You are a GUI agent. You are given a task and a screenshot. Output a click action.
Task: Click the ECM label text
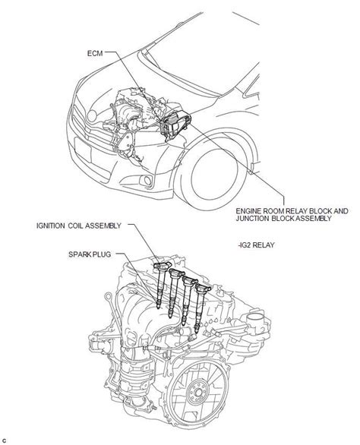(95, 53)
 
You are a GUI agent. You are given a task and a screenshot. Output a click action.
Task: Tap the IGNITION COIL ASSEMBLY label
(79, 226)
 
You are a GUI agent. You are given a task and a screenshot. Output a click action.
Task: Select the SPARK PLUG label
(90, 254)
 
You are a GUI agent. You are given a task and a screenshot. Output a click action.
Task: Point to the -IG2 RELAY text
(257, 245)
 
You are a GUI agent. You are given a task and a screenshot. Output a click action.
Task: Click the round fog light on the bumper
(147, 181)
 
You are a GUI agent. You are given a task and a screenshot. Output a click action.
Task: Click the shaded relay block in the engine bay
(175, 125)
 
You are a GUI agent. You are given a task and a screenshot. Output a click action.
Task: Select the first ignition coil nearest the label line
(161, 283)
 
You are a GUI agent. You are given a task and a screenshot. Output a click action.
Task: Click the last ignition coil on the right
(201, 306)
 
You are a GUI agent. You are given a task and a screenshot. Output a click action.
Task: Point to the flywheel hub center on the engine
(198, 393)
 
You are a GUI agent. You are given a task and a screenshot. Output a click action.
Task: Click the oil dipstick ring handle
(108, 297)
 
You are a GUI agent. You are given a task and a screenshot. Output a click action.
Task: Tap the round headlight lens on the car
(92, 115)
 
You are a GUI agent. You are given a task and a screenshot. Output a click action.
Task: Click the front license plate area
(83, 150)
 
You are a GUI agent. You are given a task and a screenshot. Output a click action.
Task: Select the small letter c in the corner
(4, 440)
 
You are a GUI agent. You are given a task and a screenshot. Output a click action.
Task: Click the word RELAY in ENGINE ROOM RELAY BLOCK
(297, 211)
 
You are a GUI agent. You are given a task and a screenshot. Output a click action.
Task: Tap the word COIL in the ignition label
(75, 226)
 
